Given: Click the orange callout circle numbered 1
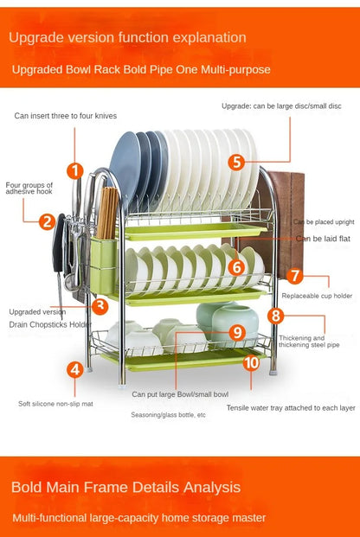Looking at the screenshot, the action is click(x=75, y=171).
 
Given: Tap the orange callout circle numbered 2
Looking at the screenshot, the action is click(x=48, y=221).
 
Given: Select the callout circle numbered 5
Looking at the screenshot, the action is click(x=236, y=162).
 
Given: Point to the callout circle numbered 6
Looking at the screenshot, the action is click(x=236, y=267).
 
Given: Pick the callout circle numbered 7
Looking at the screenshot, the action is click(x=295, y=276).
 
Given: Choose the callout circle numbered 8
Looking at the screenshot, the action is click(x=276, y=316).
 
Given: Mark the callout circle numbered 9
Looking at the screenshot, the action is click(x=237, y=333).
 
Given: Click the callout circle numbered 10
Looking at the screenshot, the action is click(x=251, y=362).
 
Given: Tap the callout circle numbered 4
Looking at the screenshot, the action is click(x=75, y=369).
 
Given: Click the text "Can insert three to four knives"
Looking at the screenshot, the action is click(x=66, y=116).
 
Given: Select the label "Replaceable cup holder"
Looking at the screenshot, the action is click(x=317, y=296).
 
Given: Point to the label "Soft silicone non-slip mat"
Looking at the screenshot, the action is click(x=55, y=404).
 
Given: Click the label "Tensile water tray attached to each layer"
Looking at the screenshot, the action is click(x=291, y=408).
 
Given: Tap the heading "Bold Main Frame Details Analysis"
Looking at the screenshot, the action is click(x=125, y=488).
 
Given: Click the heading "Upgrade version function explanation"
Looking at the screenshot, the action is click(x=127, y=37).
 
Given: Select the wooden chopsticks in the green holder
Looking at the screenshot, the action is click(x=107, y=213).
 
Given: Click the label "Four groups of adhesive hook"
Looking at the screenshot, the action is click(x=29, y=189).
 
